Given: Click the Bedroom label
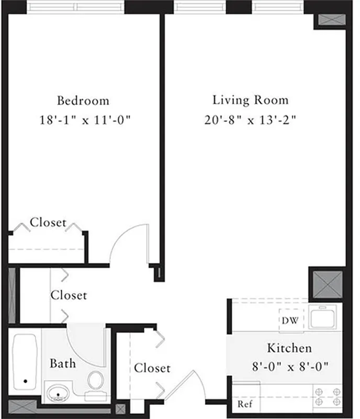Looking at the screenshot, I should (x=83, y=101).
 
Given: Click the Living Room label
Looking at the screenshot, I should (x=250, y=100).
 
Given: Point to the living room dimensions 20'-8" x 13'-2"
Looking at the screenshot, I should (x=250, y=120).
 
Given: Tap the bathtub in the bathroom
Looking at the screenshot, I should (x=25, y=361).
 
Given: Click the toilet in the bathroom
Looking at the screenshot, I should (x=95, y=382).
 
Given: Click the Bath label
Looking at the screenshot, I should (x=62, y=363).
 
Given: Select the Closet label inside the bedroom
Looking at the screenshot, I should (x=48, y=223).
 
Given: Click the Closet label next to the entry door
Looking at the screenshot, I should (x=152, y=368).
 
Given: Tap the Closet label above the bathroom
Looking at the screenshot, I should (x=69, y=295).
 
